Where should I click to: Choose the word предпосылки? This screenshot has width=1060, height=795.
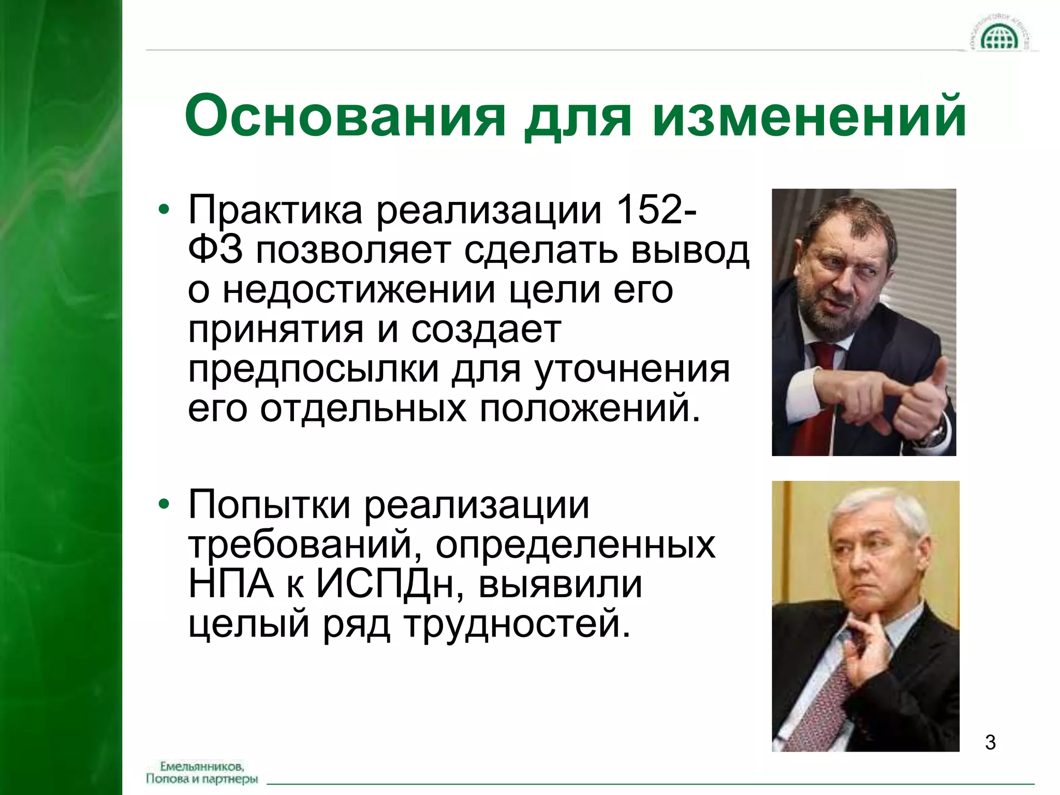click(x=313, y=370)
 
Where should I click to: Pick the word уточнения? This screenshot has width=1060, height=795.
click(x=632, y=370)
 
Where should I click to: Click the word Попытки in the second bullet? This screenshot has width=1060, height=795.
click(x=270, y=505)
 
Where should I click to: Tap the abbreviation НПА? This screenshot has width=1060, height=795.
click(x=231, y=584)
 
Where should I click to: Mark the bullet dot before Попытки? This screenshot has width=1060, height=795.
click(x=164, y=506)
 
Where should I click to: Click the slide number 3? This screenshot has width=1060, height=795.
click(x=990, y=742)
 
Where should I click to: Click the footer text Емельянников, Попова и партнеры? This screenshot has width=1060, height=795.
click(x=202, y=772)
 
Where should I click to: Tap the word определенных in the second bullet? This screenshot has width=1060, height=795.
click(x=576, y=544)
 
